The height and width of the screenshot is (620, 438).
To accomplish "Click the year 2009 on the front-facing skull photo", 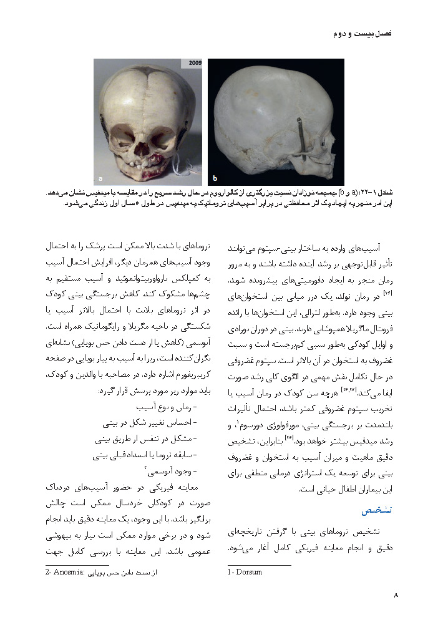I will pyautogui.click(x=190, y=63).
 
